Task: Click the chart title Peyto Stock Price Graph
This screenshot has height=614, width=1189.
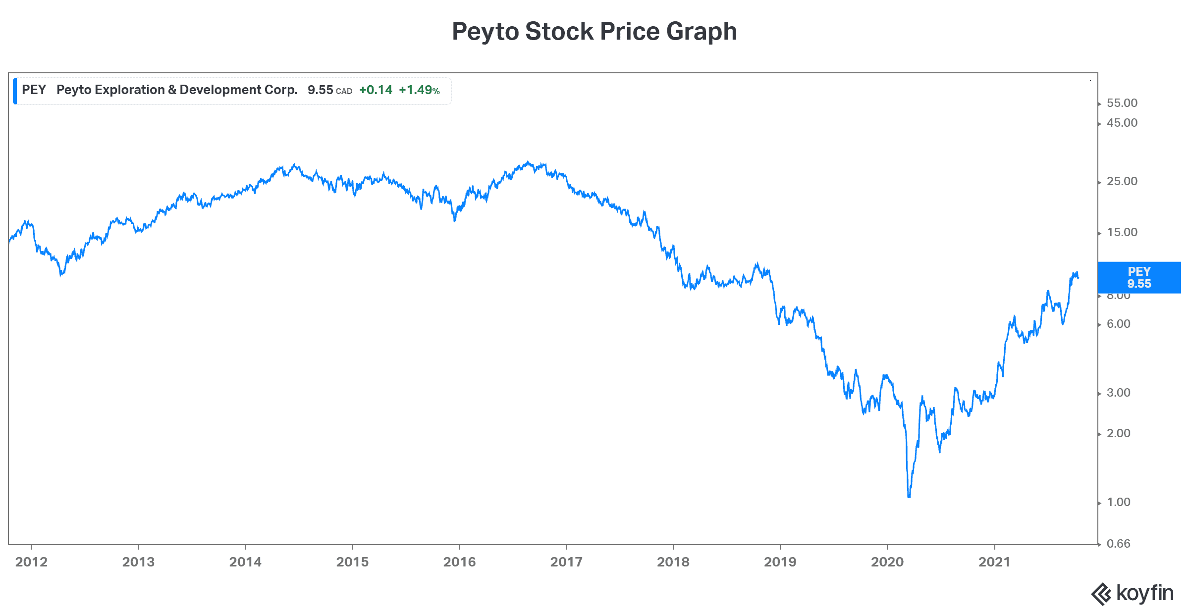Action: click(594, 32)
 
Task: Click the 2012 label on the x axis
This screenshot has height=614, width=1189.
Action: click(31, 562)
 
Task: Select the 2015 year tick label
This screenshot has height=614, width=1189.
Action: click(352, 562)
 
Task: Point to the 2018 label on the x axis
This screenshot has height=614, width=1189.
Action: click(673, 562)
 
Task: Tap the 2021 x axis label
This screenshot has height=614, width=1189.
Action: click(994, 562)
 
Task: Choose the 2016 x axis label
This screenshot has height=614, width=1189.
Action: click(459, 562)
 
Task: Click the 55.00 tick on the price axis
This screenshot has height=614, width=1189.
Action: click(1122, 103)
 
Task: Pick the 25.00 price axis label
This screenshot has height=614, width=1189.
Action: click(1122, 181)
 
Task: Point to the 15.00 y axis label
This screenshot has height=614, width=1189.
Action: click(1122, 232)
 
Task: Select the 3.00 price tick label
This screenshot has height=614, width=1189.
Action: click(1119, 393)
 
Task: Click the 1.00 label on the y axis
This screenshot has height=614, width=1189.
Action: click(1119, 502)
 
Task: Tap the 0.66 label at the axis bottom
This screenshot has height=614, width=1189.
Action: click(1119, 544)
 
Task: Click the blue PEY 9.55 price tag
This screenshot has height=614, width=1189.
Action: click(1139, 278)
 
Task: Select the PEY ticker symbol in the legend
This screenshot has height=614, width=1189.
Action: click(34, 90)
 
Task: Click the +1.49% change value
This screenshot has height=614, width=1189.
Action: click(419, 90)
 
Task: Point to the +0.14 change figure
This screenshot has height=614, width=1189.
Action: click(376, 90)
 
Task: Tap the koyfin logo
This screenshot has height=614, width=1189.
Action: click(1133, 593)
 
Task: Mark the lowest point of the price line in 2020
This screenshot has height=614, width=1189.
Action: click(909, 497)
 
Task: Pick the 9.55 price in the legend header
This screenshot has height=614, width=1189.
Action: click(320, 90)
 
